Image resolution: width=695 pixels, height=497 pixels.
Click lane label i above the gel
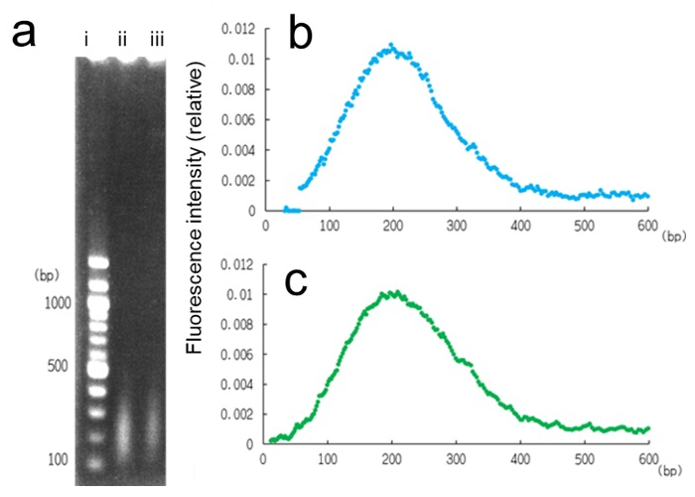87,40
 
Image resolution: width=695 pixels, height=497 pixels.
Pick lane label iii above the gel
157,40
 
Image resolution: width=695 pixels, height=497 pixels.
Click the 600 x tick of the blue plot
647,225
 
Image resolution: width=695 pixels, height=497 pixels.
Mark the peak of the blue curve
392,46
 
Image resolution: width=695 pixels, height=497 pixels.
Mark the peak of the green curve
393,292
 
